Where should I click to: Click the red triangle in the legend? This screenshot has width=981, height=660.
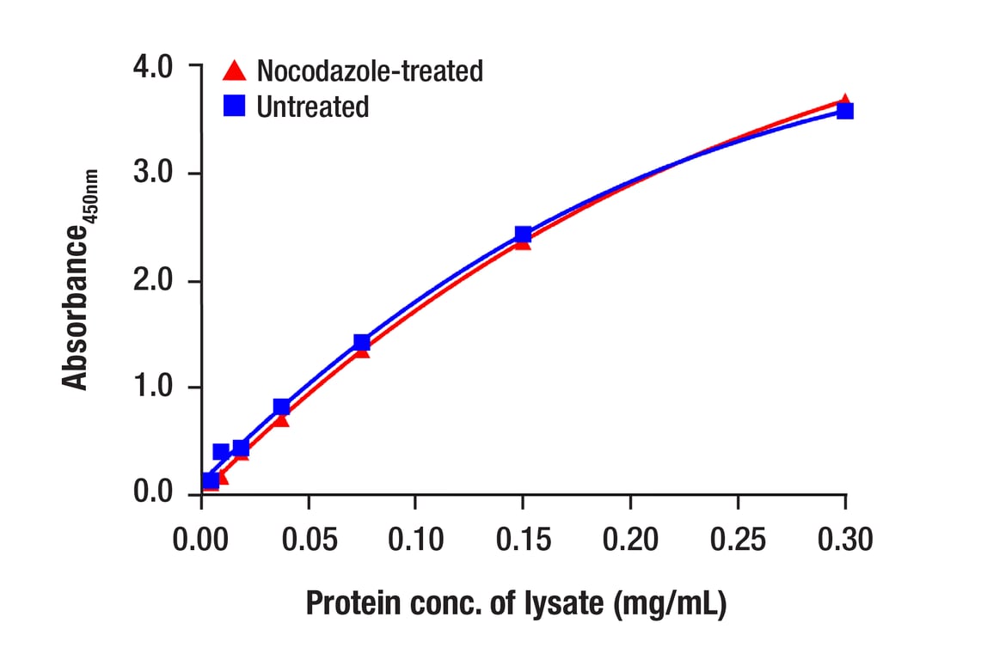(234, 70)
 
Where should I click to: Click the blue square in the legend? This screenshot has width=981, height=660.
(234, 107)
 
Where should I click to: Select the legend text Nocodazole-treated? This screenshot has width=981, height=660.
(370, 70)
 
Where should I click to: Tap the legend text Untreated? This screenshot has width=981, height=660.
(313, 107)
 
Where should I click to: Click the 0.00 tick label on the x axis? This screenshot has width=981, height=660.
(201, 540)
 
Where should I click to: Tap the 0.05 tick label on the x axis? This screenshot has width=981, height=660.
(309, 540)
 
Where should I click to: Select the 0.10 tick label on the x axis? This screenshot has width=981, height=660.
(415, 540)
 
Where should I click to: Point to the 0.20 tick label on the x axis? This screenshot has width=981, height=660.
(630, 540)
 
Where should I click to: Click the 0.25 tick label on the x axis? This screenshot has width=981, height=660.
(738, 540)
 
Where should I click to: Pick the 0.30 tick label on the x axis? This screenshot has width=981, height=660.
(845, 540)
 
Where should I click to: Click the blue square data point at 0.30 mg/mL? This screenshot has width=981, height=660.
(845, 111)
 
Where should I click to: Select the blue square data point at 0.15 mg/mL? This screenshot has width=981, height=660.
(523, 235)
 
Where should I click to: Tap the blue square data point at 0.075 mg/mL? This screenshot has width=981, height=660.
(362, 342)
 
